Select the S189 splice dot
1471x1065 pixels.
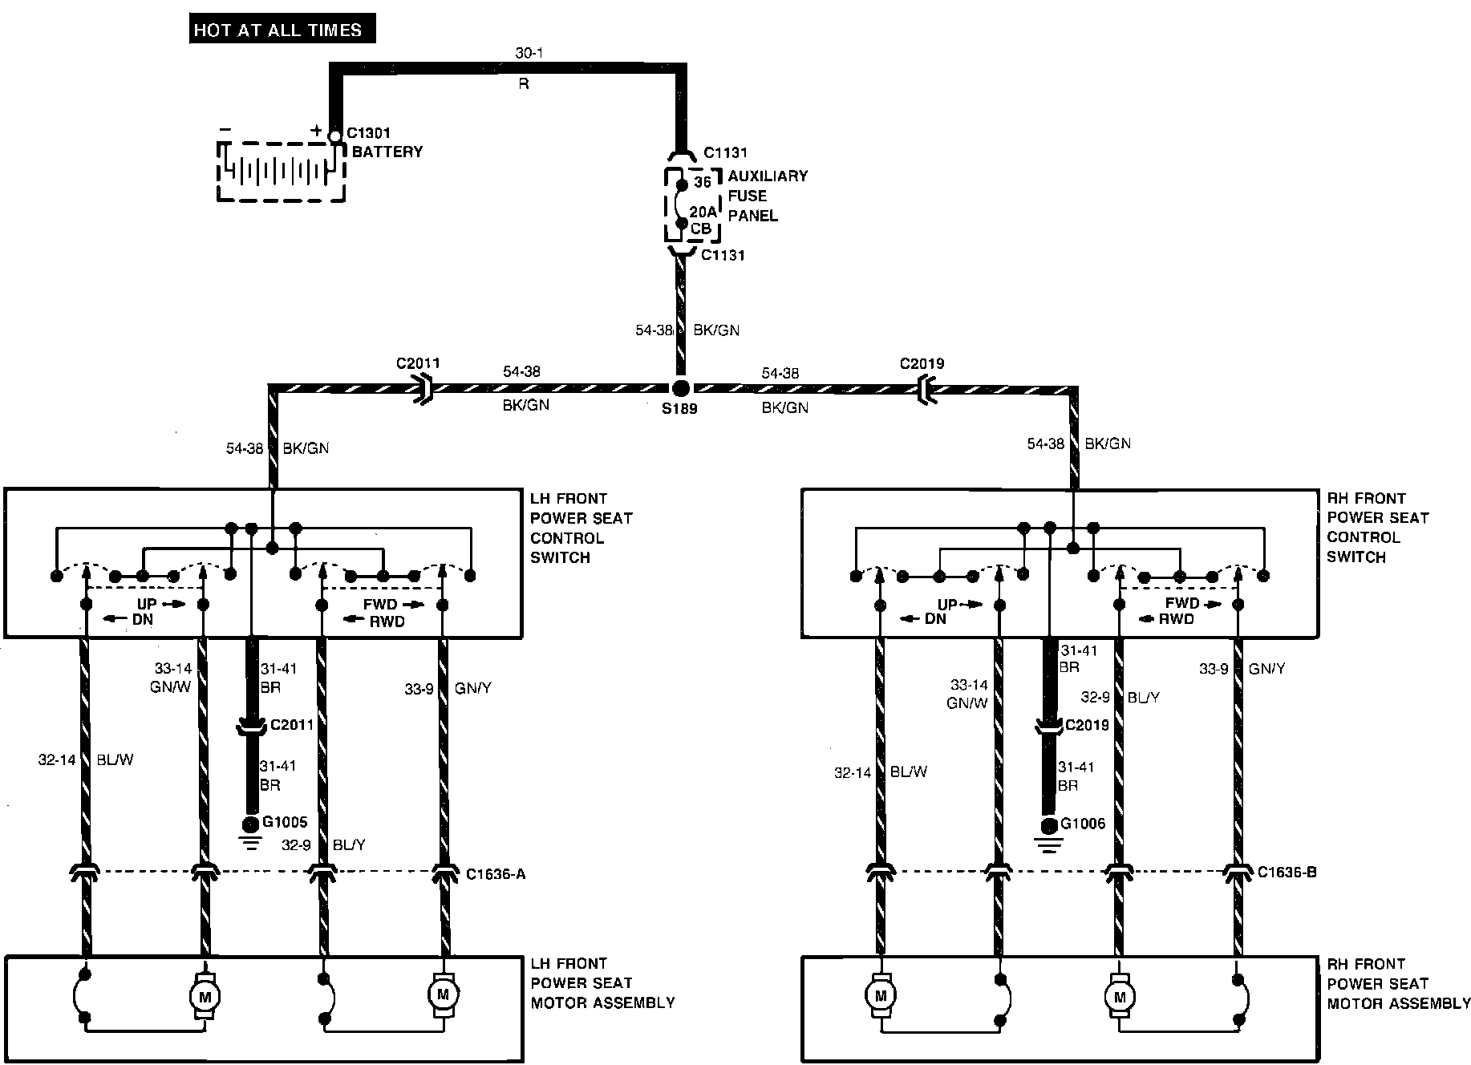680,389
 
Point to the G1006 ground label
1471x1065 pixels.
1083,824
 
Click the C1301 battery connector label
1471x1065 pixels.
368,133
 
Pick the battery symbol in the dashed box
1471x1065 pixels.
281,171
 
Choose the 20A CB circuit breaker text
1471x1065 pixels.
702,220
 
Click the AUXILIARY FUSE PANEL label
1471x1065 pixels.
767,196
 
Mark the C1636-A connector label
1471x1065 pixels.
496,874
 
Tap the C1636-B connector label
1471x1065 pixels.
1287,873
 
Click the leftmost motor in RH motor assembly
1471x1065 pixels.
880,996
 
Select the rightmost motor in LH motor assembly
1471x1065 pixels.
442,994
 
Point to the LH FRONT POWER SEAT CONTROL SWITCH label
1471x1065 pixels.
581,528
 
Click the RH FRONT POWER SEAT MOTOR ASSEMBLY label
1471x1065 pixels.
1398,983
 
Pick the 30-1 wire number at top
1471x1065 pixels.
529,54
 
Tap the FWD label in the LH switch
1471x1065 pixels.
379,605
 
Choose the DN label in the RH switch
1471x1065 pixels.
935,618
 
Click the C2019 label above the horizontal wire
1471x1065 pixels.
922,363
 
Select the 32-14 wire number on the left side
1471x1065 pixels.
56,759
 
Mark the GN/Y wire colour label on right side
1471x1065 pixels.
1266,668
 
